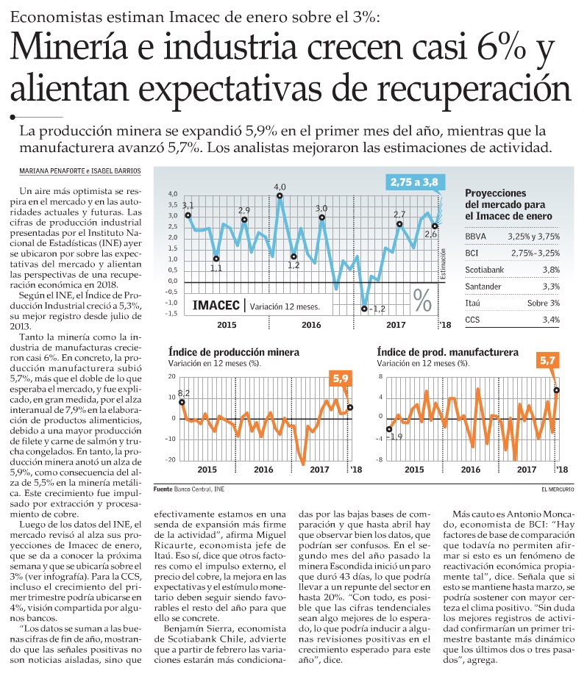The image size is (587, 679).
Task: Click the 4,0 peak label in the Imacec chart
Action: (x=280, y=187)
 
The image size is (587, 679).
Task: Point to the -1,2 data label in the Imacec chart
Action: (x=377, y=309)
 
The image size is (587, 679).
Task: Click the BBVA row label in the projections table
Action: (x=476, y=237)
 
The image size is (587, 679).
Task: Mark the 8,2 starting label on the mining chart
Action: (x=183, y=393)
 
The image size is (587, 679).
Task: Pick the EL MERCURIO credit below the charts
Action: (x=557, y=489)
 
